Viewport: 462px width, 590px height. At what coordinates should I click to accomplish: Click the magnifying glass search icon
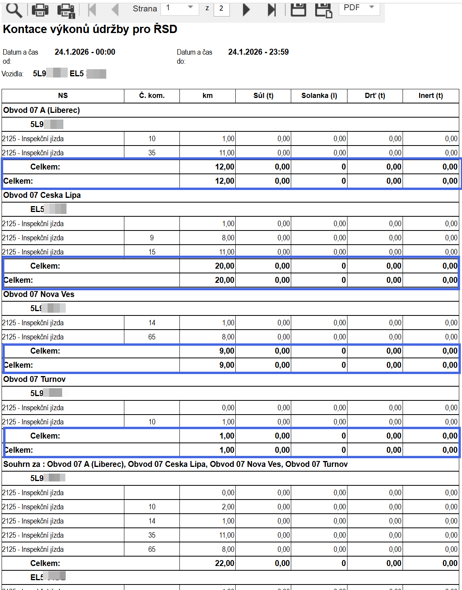[14, 10]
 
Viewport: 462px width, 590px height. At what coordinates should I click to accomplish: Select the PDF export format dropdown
[359, 8]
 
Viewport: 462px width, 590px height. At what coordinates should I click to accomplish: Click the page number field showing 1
[179, 8]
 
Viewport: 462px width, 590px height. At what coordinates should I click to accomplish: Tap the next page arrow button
[246, 9]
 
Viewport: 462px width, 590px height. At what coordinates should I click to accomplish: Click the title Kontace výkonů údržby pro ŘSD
[90, 29]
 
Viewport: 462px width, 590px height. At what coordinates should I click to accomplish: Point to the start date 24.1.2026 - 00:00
[85, 52]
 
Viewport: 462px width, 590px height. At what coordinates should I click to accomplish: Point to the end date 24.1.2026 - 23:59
[259, 52]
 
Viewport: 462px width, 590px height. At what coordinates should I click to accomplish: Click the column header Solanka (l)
[319, 96]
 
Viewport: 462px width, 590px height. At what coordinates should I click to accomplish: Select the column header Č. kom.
[152, 96]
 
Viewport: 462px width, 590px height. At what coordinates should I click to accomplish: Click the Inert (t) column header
[431, 96]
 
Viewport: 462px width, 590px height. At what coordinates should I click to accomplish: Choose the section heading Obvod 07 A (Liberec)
[42, 110]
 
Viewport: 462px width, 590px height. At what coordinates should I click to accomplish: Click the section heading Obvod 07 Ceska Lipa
[42, 195]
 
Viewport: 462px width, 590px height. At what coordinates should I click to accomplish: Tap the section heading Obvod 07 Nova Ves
[39, 294]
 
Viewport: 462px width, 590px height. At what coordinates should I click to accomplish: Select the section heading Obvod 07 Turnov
[35, 379]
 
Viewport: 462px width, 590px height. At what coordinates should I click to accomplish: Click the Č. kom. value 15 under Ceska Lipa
[152, 252]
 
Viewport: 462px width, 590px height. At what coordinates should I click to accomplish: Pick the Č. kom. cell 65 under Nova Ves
[152, 337]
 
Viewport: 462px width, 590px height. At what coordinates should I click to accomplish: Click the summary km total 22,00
[224, 563]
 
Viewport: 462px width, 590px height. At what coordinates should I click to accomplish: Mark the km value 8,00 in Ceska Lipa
[228, 238]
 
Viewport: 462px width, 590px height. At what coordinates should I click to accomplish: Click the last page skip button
[272, 9]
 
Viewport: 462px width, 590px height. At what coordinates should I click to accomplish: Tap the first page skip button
[92, 9]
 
